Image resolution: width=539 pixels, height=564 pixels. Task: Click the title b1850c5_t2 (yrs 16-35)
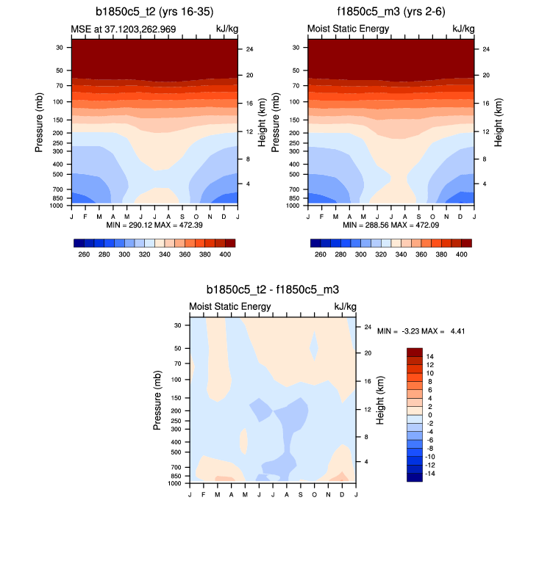(x=154, y=12)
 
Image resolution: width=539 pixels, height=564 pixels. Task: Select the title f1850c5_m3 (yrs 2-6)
(x=390, y=12)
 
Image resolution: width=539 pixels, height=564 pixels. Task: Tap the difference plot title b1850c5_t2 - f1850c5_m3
(x=273, y=291)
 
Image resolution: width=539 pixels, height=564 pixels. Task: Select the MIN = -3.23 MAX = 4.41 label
(x=421, y=331)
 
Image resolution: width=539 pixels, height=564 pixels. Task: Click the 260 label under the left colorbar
(x=84, y=253)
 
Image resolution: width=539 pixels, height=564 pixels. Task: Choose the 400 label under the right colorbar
(x=462, y=253)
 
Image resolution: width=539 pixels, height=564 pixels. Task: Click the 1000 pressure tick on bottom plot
(x=175, y=483)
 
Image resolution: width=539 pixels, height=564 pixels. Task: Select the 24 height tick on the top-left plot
(x=249, y=49)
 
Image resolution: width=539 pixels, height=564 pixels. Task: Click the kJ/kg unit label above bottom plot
(x=346, y=306)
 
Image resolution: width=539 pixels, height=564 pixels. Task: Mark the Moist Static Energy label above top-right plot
(x=348, y=29)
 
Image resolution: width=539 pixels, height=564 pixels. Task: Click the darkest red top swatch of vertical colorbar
(x=415, y=352)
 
